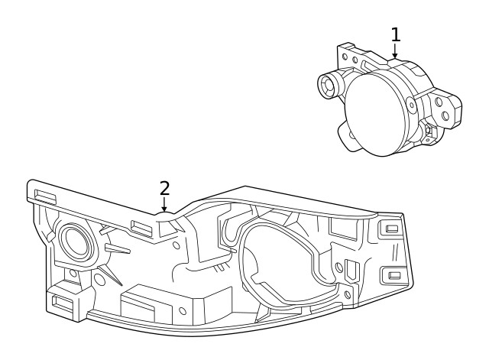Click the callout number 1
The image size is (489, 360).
point(395,34)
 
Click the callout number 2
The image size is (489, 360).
point(164,187)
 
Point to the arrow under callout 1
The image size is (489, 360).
point(395,51)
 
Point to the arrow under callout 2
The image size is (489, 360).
point(164,204)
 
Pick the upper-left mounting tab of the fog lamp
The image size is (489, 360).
point(348,57)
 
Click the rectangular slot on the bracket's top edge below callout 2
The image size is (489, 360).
point(139,226)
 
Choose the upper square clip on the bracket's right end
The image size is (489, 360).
point(392,229)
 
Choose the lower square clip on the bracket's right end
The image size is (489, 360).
point(394,275)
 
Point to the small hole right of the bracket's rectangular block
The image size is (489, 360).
point(182,312)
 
